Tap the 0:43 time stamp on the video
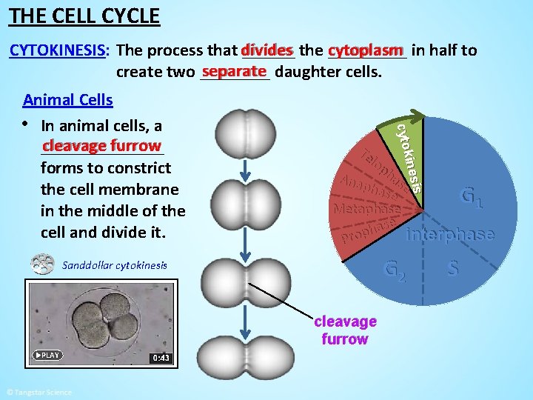161,358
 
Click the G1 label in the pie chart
472,197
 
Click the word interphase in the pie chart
451,234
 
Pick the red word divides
266,50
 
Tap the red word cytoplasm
366,50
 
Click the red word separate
234,71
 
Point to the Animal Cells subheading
68,100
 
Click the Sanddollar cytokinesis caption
114,265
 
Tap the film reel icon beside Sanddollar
42,264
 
